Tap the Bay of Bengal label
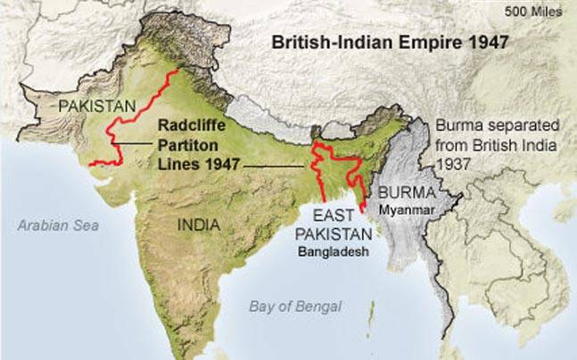coord(294,307)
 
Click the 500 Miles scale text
coord(532,12)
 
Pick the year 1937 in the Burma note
coord(457,165)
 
